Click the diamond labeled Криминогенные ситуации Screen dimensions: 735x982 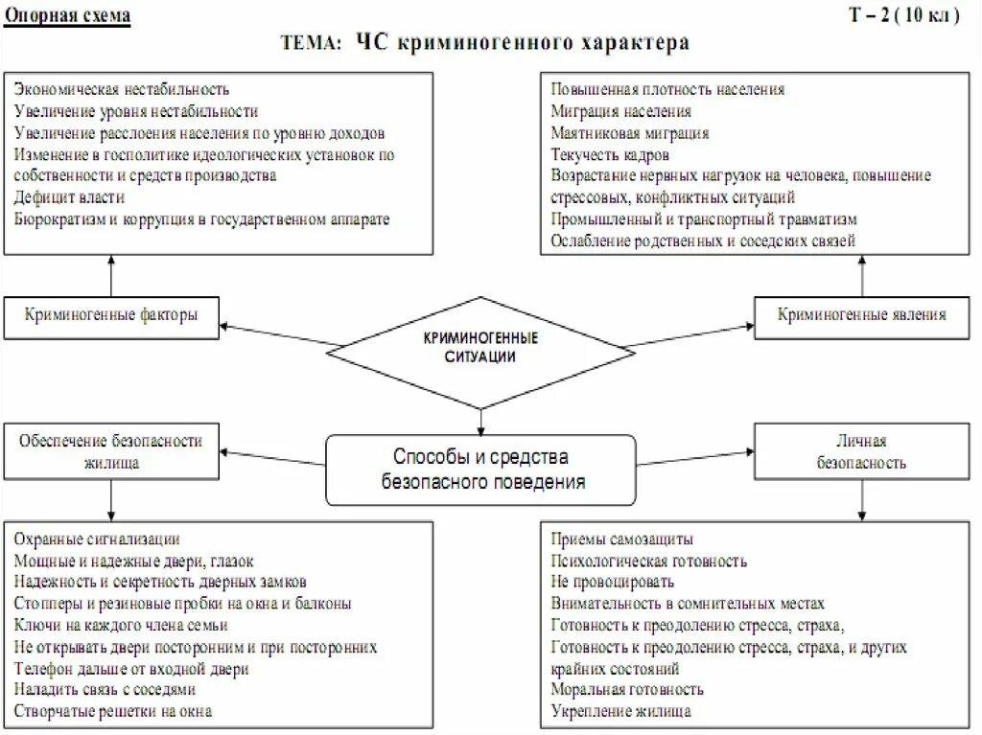[480, 348]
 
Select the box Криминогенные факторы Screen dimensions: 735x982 [111, 315]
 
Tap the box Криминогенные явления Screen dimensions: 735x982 [861, 315]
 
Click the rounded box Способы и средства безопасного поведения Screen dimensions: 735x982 [480, 470]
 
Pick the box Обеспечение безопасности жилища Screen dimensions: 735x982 [111, 451]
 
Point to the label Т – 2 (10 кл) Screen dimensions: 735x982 [902, 16]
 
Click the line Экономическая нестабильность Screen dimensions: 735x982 [122, 89]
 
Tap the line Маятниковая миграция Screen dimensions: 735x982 [629, 133]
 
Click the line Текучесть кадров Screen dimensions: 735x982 [610, 154]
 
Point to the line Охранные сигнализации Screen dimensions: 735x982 [97, 540]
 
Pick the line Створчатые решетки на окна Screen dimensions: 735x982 [113, 711]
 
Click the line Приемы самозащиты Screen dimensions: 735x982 [621, 540]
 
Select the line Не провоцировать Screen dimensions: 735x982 [612, 582]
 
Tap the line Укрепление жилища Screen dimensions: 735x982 [620, 711]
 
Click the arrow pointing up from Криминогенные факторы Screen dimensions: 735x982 [111, 275]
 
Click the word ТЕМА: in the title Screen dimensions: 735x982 [310, 44]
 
